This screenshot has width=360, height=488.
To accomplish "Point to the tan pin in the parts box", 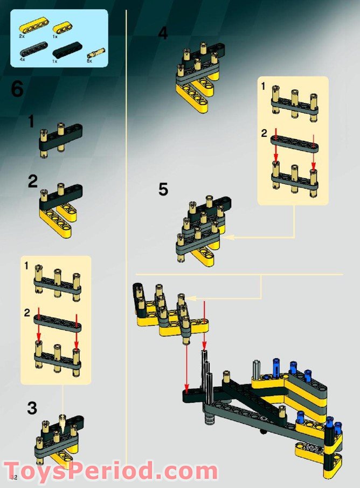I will (96, 53).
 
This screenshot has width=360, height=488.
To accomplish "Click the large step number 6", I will (17, 89).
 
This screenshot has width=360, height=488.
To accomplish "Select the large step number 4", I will (163, 33).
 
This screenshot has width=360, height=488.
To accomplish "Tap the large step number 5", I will (163, 190).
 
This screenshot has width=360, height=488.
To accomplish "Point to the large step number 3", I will (32, 409).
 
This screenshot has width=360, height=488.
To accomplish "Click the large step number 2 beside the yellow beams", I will (33, 182).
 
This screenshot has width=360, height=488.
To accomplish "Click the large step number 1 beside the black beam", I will (31, 122).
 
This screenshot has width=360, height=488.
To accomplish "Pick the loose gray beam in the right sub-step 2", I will (294, 142).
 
